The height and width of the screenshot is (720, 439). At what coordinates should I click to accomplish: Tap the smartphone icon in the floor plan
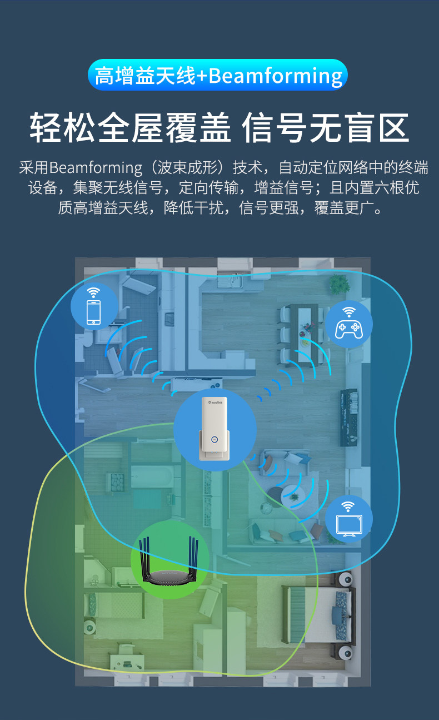click(94, 312)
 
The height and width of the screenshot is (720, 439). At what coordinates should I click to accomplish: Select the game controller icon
click(348, 329)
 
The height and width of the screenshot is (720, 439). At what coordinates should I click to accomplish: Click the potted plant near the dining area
click(339, 284)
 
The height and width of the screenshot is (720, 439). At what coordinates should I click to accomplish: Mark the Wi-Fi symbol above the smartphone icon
click(93, 292)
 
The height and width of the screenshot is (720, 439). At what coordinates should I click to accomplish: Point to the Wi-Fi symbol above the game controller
click(348, 311)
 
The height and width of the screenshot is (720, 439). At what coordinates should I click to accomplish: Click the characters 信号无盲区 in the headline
click(326, 128)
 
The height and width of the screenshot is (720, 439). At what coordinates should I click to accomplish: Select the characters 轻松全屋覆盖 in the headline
click(130, 128)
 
